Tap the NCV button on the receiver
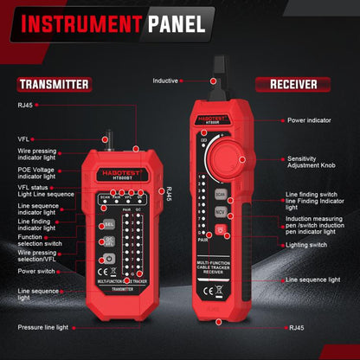[221, 210]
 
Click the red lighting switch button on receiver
[221, 228]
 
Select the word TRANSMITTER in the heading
[53, 84]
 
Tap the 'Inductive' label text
[165, 80]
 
